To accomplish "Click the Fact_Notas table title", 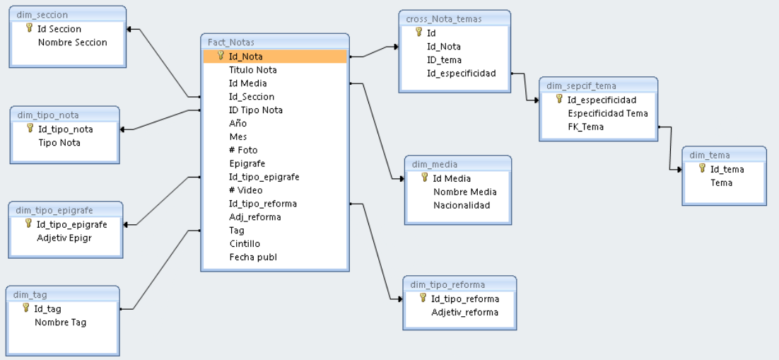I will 231,42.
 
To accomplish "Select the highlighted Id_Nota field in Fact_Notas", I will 245,56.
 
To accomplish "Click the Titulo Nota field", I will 252,69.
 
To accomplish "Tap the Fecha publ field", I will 252,257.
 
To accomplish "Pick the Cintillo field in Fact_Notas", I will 245,243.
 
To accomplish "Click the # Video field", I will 245,190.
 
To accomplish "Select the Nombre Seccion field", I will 72,42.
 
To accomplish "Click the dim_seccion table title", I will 42,15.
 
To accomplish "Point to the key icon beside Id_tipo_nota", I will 30,129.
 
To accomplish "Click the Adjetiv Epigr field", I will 64,238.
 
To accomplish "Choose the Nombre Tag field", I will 60,322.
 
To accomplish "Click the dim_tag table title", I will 30,294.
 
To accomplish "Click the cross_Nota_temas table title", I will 444,19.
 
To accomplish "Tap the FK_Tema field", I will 585,127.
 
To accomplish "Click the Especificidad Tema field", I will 607,113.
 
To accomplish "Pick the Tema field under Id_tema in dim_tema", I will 721,182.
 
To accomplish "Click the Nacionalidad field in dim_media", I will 461,205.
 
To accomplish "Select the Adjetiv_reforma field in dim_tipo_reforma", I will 464,312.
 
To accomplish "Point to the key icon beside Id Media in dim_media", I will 425,178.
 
